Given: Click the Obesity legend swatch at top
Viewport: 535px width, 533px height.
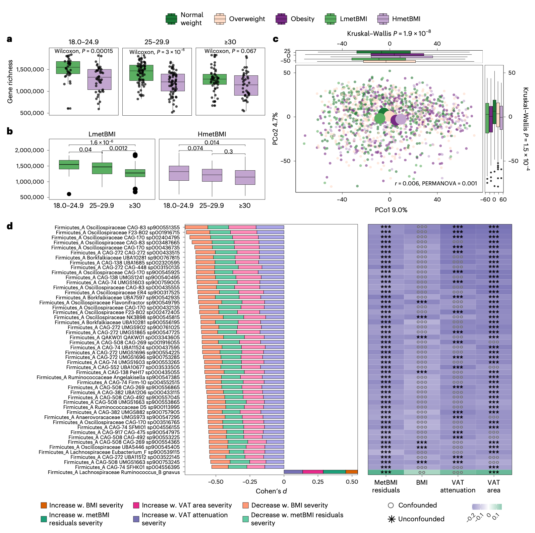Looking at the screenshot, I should (x=281, y=19).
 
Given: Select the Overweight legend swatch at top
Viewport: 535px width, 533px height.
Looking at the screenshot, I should (x=220, y=19).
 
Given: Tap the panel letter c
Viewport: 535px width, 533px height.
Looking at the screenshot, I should (x=276, y=39).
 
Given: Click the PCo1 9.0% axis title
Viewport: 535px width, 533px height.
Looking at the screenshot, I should (x=391, y=210).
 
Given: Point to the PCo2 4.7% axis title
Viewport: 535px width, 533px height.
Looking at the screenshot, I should (x=275, y=129).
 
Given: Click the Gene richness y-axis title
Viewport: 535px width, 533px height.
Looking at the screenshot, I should (x=10, y=81).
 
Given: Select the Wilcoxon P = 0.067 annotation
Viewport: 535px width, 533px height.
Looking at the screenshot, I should (x=230, y=51).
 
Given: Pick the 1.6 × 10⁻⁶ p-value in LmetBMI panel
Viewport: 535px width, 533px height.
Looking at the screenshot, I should (x=102, y=142).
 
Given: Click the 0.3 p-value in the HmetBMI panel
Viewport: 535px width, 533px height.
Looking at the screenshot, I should (x=228, y=152).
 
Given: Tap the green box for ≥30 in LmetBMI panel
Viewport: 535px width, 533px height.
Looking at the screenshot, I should (x=135, y=173).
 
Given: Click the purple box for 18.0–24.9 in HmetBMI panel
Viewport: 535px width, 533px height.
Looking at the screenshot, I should (x=179, y=173).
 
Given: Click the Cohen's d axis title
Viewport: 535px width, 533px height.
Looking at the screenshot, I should (x=271, y=491).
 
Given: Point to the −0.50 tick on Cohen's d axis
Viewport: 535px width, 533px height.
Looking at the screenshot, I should (x=216, y=482).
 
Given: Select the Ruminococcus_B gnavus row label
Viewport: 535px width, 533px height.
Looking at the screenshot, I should (x=114, y=472).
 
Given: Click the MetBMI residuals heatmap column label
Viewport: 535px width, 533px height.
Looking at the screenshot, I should (x=386, y=486).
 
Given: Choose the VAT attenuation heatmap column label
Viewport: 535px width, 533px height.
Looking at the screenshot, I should (x=458, y=486).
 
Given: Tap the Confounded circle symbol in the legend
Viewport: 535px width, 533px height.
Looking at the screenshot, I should (x=391, y=506).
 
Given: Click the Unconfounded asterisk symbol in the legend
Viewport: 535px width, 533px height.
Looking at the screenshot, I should (x=391, y=519).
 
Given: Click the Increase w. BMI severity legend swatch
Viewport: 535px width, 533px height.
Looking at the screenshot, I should (x=44, y=506).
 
